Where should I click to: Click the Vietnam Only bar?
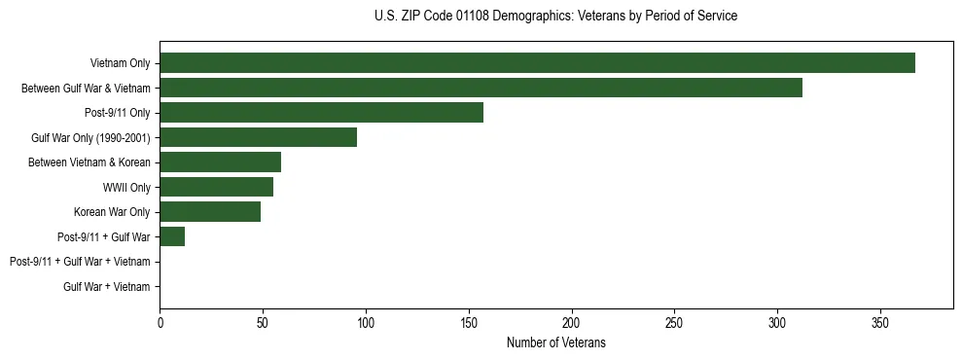537,63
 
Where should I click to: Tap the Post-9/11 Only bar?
321,113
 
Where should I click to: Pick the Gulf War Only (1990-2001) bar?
258,137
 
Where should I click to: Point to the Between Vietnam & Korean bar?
220,162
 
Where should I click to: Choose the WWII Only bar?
216,187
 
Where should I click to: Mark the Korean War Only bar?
210,212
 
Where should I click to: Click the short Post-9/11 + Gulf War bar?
172,236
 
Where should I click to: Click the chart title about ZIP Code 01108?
555,17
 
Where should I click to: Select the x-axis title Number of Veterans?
555,342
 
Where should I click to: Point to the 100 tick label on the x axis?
366,322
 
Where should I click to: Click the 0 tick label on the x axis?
160,322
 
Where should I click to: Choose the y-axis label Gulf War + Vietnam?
107,286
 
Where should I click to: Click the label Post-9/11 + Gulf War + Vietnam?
80,262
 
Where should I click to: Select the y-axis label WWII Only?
126,187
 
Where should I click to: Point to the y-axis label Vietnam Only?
120,63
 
